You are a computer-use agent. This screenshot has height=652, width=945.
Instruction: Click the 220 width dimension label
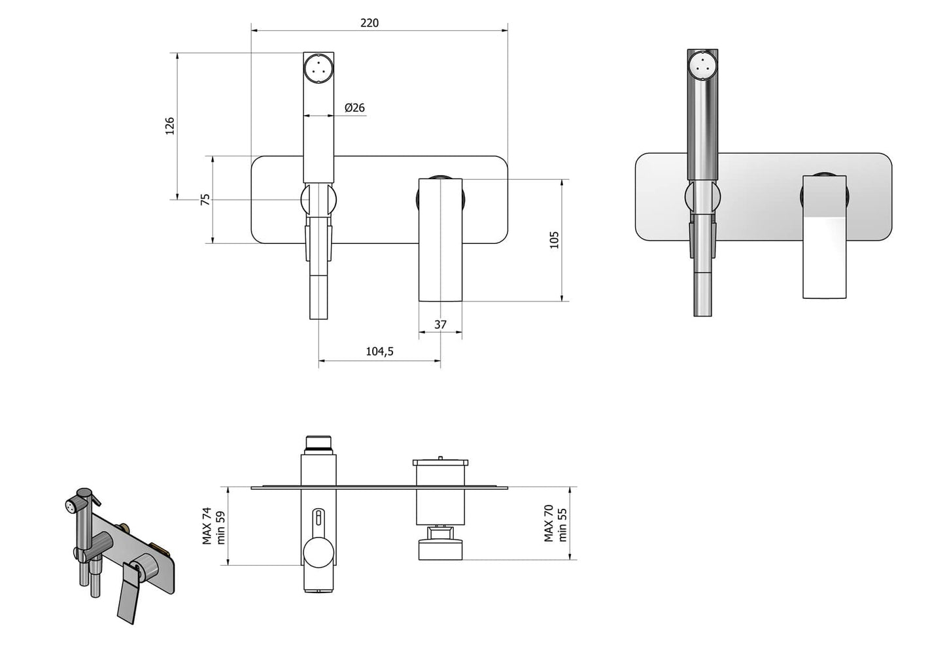click(369, 22)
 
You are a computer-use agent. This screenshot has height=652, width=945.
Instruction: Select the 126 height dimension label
click(170, 126)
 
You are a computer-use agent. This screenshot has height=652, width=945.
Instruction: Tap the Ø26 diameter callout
click(354, 107)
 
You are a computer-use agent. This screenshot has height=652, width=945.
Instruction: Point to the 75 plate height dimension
click(205, 199)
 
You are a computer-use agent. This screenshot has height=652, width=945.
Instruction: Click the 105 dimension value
click(554, 240)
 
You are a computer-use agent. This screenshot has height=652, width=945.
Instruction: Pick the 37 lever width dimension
click(440, 324)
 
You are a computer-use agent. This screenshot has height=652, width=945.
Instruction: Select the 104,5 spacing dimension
click(379, 352)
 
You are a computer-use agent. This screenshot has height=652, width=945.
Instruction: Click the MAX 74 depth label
click(207, 525)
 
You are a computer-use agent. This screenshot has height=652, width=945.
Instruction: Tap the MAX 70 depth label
click(549, 523)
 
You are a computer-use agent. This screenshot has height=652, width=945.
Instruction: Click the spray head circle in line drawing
click(319, 67)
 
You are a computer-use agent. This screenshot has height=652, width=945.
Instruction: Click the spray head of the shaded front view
click(703, 65)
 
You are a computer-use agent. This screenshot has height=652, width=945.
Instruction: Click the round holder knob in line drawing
click(318, 199)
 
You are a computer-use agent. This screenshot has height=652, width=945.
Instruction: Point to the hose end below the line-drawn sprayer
click(318, 298)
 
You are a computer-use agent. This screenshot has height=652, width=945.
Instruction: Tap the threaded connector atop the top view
click(318, 444)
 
